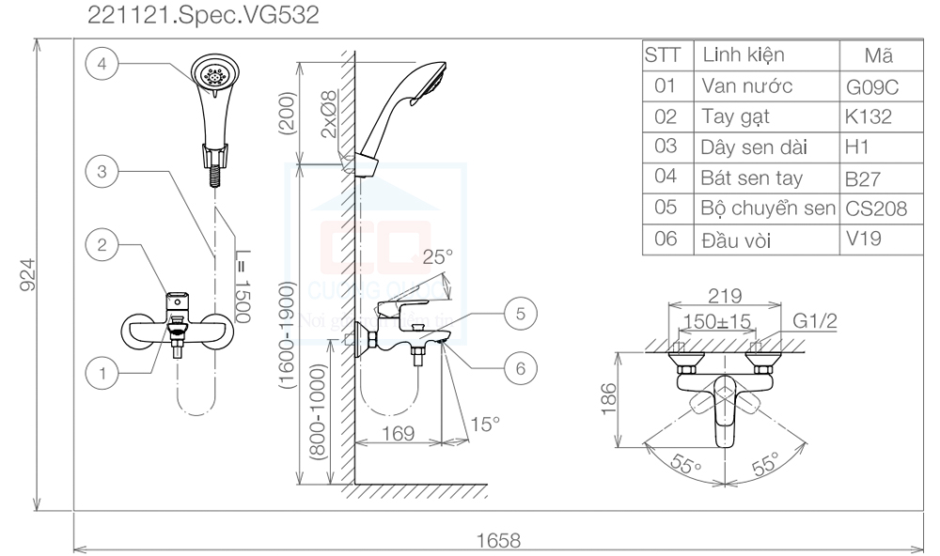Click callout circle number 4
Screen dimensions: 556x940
[x=102, y=63]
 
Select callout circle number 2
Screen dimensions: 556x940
[x=102, y=245]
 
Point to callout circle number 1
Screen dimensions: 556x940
[x=102, y=372]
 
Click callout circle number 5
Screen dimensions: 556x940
[x=520, y=313]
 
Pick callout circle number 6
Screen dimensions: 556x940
[x=520, y=369]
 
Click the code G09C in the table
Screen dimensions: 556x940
[x=873, y=87]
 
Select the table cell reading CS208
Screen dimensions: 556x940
[x=876, y=208]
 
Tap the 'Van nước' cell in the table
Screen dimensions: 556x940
[x=747, y=86]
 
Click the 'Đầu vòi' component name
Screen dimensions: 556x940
[x=736, y=239]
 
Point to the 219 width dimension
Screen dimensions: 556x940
[x=725, y=295]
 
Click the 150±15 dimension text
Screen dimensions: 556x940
[x=717, y=321]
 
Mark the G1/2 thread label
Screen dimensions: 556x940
[x=814, y=321]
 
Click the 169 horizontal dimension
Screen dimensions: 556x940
[x=399, y=435]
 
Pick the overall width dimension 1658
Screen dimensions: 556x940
[x=498, y=540]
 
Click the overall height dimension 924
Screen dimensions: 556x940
[x=27, y=274]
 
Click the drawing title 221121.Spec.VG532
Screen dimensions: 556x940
[x=203, y=14]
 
